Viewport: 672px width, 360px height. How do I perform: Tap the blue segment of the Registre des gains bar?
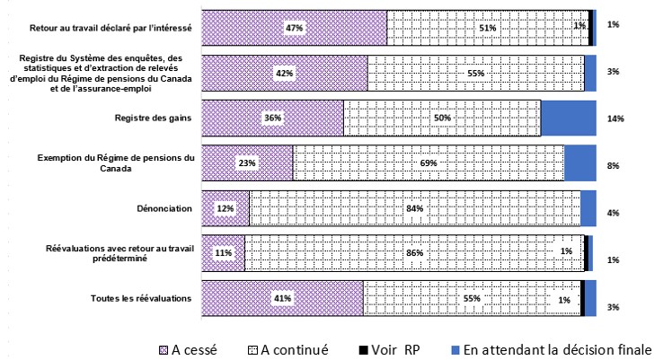point(568,118)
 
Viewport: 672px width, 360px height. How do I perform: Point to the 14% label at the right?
point(615,118)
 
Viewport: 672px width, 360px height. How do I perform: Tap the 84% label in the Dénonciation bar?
point(415,208)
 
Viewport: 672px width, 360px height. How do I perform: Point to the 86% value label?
point(414,253)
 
